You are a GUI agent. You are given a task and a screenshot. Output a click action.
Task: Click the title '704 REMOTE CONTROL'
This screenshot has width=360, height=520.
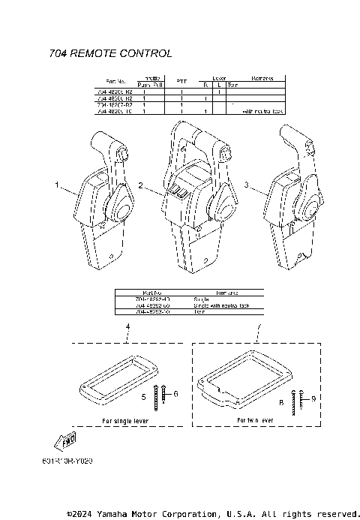(x=110, y=53)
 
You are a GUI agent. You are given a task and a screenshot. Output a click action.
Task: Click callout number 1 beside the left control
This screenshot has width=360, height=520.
(x=55, y=183)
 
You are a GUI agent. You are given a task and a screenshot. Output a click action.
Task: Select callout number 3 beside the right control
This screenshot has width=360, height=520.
(x=248, y=182)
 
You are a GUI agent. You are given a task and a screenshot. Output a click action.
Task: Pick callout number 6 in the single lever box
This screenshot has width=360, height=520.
(x=176, y=392)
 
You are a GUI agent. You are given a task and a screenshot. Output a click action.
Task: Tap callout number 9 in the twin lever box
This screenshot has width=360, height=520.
(x=314, y=398)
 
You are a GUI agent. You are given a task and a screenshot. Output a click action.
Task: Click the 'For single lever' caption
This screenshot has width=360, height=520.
(x=125, y=421)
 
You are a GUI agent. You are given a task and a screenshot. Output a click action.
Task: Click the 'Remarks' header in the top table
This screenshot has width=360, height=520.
(x=262, y=78)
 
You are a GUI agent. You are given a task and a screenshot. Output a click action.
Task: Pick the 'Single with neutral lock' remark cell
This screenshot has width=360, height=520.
(x=226, y=305)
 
